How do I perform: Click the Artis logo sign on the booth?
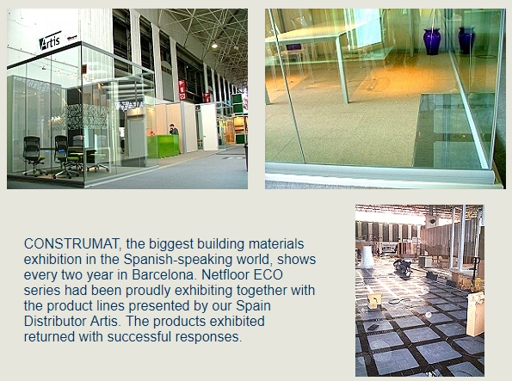click(x=50, y=40)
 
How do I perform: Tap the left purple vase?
click(x=432, y=41)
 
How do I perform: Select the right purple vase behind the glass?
click(x=466, y=40)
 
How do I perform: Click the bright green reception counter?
click(x=163, y=146)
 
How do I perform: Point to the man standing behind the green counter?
click(x=174, y=130)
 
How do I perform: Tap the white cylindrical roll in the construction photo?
click(x=367, y=257)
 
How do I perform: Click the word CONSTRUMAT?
click(x=73, y=244)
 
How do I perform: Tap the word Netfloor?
click(x=225, y=275)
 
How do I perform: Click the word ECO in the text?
click(x=268, y=275)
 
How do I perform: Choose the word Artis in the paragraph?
click(x=104, y=322)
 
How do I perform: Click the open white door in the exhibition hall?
click(x=207, y=127)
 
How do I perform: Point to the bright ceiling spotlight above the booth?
click(x=214, y=46)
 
